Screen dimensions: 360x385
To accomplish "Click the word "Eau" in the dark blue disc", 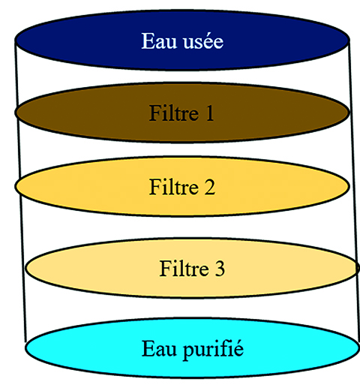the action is tap(159, 41).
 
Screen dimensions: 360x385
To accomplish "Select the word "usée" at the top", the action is tap(203, 41).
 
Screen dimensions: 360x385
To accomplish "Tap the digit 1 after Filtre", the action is tap(210, 113).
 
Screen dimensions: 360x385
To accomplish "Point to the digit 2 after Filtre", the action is tap(210, 187).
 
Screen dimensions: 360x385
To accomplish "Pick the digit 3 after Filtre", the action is tap(220, 269).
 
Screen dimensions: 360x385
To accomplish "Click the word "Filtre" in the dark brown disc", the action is tap(174, 113).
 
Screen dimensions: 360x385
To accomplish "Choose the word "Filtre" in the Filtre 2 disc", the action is tap(174, 187).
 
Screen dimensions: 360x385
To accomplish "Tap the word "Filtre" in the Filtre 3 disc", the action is tap(184, 268).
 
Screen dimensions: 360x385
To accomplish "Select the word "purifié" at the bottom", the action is tap(213, 350).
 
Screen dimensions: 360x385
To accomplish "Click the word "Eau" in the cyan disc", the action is tap(159, 348).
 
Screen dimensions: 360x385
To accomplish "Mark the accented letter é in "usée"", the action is tap(206, 41).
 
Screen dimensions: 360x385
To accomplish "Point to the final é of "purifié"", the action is tap(238, 348).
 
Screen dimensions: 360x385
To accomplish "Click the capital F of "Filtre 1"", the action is tap(154, 113).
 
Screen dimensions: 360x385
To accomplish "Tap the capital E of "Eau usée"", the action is tap(148, 41).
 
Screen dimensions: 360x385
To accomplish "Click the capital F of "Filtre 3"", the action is tap(165, 269).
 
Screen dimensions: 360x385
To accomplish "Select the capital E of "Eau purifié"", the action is tap(148, 348).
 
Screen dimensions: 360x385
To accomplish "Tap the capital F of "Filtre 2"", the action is tap(154, 187).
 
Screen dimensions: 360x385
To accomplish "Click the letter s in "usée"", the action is tap(197, 44).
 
